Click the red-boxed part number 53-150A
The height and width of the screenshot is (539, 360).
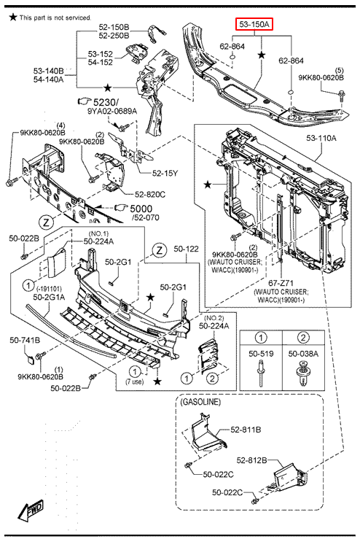254,24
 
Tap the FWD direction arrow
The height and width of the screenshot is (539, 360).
31,509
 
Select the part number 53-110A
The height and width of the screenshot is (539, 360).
321,138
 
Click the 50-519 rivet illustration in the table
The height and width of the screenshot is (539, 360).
261,372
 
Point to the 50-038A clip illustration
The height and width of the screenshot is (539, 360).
303,373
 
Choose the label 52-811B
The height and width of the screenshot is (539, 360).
246,430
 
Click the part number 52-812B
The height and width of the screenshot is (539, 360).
251,460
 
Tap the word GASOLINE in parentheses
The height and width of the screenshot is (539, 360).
200,402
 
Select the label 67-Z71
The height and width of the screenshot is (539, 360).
281,283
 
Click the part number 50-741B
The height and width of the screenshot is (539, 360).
25,340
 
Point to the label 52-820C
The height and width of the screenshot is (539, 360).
150,195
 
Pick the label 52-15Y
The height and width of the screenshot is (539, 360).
165,173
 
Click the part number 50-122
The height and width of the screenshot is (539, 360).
186,249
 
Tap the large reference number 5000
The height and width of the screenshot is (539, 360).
141,209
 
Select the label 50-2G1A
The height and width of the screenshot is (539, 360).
49,297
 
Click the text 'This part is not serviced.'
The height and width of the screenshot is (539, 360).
55,18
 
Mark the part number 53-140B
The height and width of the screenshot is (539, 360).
48,71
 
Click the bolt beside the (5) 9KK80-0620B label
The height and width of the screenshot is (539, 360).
342,95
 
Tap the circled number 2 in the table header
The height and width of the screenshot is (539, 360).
303,338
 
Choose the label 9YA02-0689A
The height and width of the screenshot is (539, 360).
112,111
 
